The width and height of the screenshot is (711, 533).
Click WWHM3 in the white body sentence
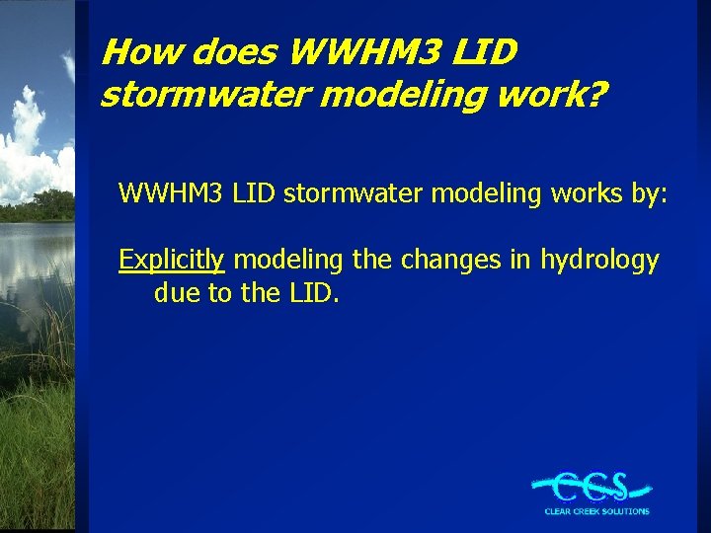click(172, 193)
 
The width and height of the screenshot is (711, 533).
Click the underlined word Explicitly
click(172, 261)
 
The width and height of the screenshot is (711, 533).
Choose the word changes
click(449, 261)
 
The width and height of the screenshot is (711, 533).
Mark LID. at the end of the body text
click(307, 294)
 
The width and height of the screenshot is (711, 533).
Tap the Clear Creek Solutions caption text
click(596, 511)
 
